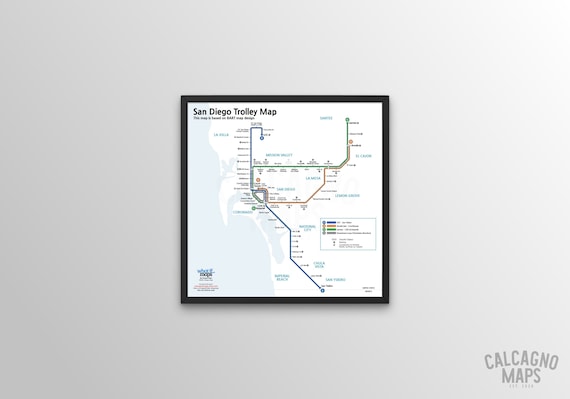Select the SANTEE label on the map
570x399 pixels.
click(x=326, y=117)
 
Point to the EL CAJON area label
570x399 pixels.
click(x=363, y=156)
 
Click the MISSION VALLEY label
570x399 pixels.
click(x=279, y=155)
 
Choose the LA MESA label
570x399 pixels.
click(x=313, y=178)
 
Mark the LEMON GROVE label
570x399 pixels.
click(x=333, y=195)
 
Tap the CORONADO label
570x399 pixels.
click(x=244, y=211)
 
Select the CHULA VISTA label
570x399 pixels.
click(x=319, y=264)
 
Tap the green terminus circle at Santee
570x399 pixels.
click(x=347, y=120)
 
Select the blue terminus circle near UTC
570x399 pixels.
click(x=261, y=138)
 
